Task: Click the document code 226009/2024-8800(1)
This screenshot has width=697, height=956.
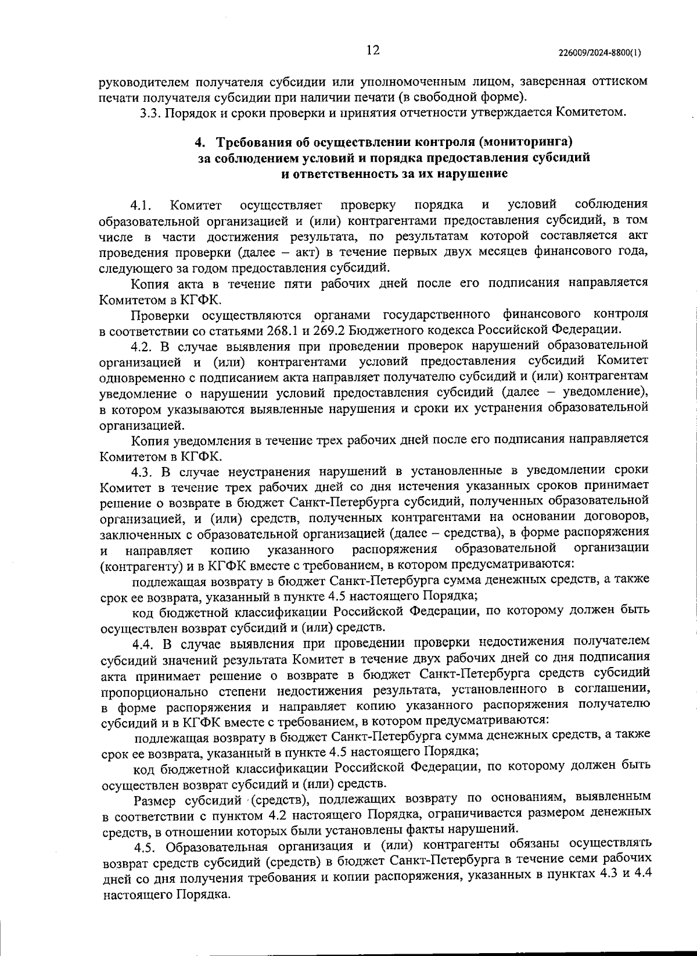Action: (599, 52)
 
